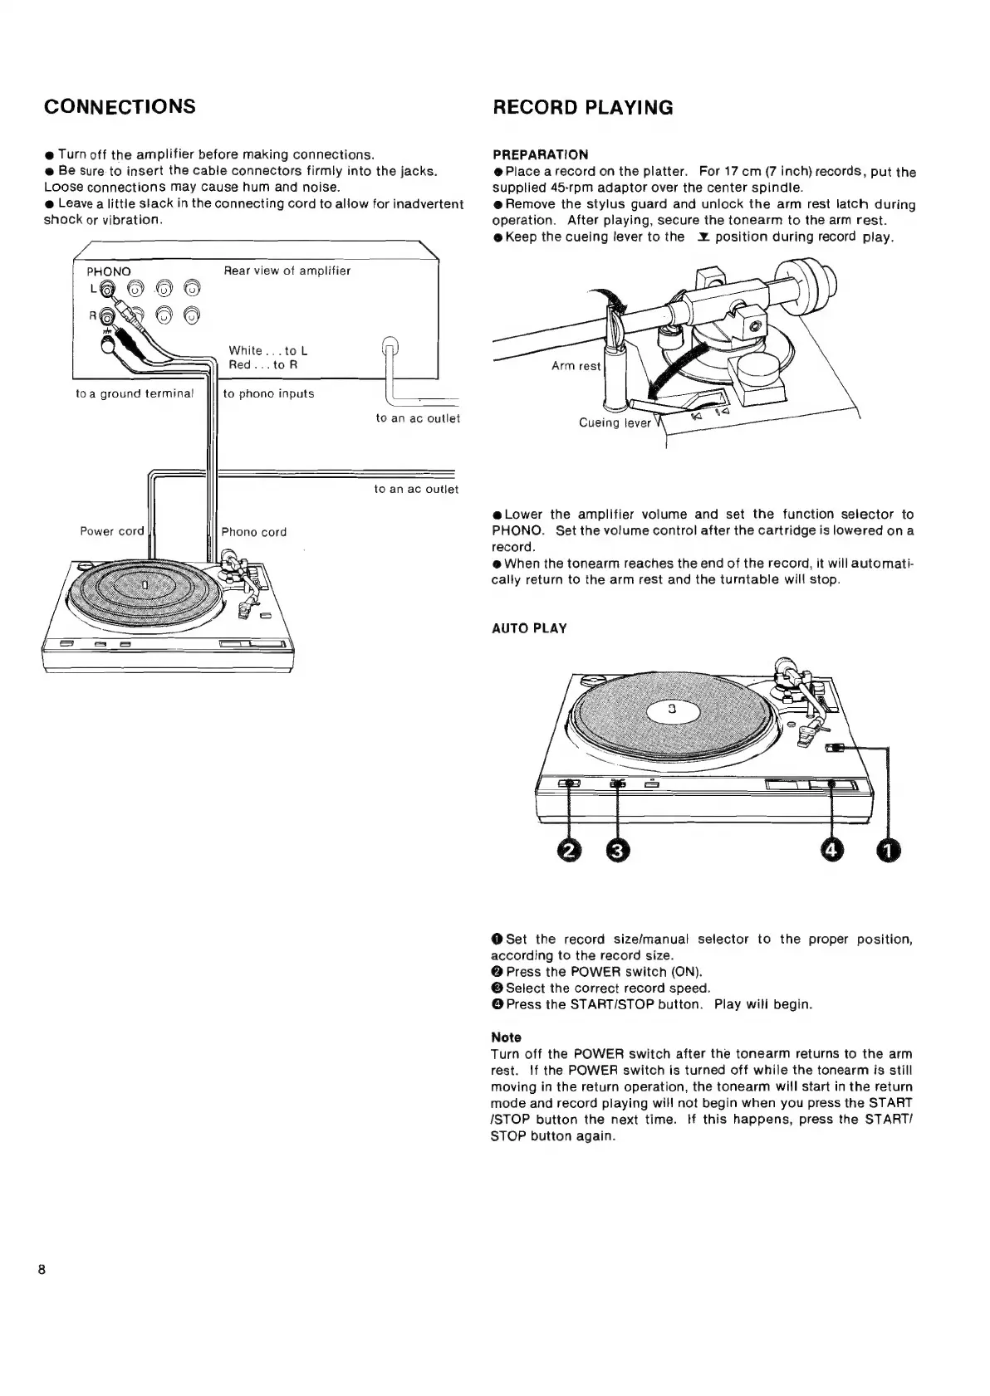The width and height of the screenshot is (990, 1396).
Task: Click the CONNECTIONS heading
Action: tap(120, 107)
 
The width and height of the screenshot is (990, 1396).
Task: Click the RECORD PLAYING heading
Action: tap(583, 108)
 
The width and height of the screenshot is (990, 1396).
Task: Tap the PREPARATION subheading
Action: tap(540, 154)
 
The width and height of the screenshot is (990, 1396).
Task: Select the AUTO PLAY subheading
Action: tap(529, 628)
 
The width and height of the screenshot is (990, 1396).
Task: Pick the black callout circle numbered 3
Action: tap(618, 850)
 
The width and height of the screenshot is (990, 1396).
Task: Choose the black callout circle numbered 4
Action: tap(832, 850)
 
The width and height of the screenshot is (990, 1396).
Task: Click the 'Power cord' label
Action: tap(112, 531)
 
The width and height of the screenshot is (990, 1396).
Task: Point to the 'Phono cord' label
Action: tap(254, 532)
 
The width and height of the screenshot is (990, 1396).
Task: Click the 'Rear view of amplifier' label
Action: tap(287, 271)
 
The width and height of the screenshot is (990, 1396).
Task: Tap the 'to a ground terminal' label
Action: tap(135, 393)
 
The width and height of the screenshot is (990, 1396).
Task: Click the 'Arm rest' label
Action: tap(576, 366)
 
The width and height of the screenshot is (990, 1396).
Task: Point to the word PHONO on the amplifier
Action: tap(109, 271)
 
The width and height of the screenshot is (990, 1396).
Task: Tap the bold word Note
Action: tap(506, 1037)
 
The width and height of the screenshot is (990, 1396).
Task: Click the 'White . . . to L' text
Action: tap(268, 351)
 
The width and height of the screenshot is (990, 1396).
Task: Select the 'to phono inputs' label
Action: tap(268, 393)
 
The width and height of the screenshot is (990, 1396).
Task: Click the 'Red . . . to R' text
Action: tap(263, 365)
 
